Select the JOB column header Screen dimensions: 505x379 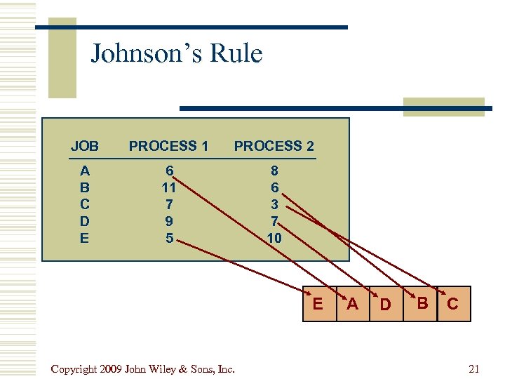85,146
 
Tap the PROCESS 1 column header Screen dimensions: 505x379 168,146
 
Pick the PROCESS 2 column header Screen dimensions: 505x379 274,146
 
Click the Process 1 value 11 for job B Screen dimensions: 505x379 168,187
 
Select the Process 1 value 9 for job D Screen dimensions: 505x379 168,221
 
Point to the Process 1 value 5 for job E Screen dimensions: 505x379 168,238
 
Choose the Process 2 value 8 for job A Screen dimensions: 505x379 274,171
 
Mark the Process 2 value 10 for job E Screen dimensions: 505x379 274,238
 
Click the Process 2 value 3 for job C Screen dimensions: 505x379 274,204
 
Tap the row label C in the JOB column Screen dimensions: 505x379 85,204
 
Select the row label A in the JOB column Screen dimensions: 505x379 85,171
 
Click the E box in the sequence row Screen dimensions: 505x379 318,303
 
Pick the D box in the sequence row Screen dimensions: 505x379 386,304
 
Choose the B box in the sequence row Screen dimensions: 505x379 421,303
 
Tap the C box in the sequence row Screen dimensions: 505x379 453,304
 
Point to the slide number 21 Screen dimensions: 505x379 473,369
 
